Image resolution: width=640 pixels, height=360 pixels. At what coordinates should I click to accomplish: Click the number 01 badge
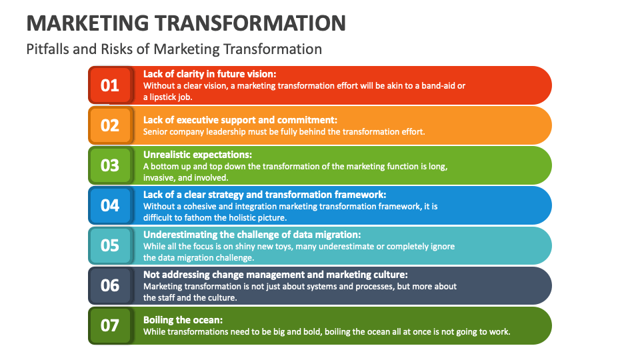(110, 85)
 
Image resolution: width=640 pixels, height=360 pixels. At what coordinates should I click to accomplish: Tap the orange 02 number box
(110, 125)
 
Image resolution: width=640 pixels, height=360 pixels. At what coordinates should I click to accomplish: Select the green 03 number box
(110, 165)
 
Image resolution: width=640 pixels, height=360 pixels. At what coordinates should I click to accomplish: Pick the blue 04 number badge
(110, 205)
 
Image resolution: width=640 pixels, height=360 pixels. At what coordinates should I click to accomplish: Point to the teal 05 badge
(110, 245)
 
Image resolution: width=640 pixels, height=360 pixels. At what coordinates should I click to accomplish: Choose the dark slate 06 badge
(110, 285)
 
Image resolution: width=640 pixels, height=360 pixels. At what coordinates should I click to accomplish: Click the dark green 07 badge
(110, 325)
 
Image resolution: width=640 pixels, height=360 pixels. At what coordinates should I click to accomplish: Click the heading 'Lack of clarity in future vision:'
(209, 74)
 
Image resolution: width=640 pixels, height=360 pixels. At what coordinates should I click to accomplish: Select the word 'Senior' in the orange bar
(156, 131)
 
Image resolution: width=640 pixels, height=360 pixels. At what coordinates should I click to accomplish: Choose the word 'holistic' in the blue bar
(229, 217)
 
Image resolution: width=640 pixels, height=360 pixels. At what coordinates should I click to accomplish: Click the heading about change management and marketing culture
(275, 274)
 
